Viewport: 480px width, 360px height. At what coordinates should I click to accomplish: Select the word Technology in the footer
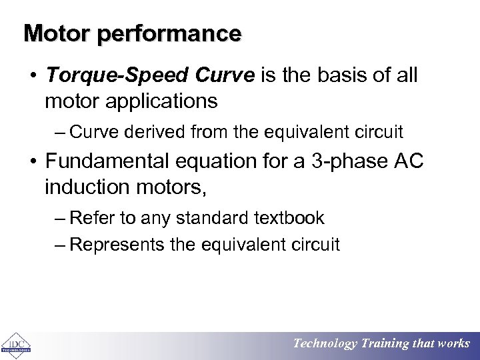(325, 344)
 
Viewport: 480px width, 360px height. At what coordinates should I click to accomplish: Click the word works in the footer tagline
(453, 344)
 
